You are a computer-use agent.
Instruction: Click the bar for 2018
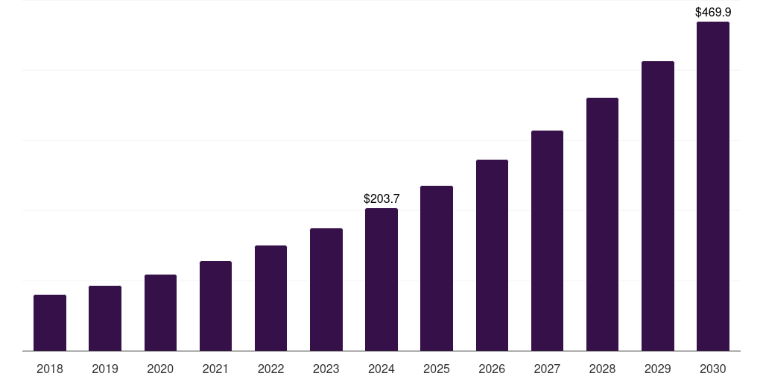[50, 322]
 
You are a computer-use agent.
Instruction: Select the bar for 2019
[105, 318]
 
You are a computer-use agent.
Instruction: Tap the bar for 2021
[215, 306]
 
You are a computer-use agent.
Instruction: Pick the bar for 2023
[326, 289]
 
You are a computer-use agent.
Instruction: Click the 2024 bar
[381, 280]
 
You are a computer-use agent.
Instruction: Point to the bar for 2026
[492, 255]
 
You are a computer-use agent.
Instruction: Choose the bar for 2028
[602, 224]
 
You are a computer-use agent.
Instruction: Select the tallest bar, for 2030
[713, 187]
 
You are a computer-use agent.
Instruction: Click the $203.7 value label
[381, 198]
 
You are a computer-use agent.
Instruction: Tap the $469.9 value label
[713, 12]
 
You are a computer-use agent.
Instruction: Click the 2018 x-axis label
[50, 369]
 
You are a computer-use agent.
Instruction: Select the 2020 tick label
[160, 369]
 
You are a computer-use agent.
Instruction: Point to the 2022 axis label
[270, 369]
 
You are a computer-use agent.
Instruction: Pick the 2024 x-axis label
[381, 369]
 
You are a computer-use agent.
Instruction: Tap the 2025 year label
[437, 369]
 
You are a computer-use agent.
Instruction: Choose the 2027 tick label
[547, 369]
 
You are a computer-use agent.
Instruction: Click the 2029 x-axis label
[658, 369]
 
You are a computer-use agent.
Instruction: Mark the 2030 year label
[713, 369]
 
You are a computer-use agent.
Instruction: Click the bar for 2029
[658, 206]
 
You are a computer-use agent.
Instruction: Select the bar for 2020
[160, 313]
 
